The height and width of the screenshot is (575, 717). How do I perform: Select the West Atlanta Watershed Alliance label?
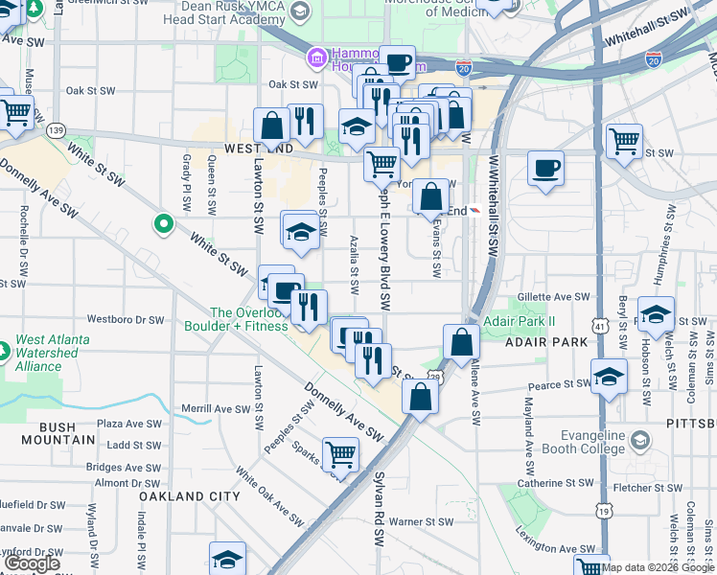(x=53, y=353)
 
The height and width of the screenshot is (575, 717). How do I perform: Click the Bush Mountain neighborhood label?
(x=54, y=440)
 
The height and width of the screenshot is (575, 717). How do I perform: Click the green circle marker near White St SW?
(x=164, y=225)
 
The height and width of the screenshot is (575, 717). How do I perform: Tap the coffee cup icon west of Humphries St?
(x=546, y=169)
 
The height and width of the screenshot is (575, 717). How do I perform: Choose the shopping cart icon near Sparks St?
(x=340, y=454)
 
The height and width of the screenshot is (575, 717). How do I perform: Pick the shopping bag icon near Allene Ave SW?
(x=461, y=342)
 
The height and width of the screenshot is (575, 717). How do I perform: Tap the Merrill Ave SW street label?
(x=217, y=409)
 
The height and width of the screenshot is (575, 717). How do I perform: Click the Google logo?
(x=32, y=563)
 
